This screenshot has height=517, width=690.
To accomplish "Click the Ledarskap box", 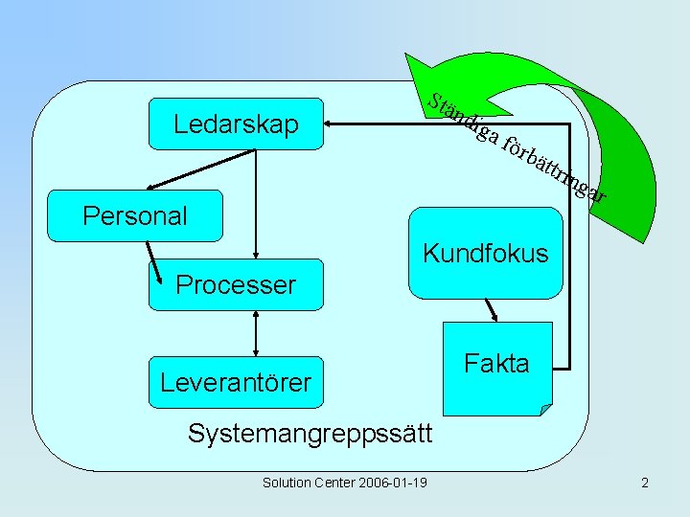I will point(235,124).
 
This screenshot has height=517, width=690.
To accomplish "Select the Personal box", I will point(135,215).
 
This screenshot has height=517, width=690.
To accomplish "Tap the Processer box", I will point(236,284).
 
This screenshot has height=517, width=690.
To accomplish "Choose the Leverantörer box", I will point(236,383).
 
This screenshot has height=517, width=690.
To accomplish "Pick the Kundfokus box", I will point(485,254).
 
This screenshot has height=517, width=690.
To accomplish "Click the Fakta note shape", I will point(496,369).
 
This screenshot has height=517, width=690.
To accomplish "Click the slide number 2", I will point(645,483).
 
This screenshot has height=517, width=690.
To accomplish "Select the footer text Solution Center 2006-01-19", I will point(344,483).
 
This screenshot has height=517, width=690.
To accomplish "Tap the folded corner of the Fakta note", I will point(545,409).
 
